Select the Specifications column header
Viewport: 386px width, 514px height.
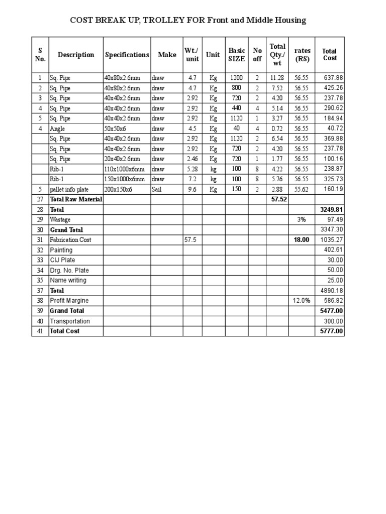[x=127, y=55]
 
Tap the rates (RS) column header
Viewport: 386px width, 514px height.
[x=302, y=55]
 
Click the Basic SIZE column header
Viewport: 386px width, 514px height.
[x=237, y=55]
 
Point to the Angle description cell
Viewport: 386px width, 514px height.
[x=57, y=129]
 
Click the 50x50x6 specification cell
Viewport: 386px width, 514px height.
[x=115, y=129]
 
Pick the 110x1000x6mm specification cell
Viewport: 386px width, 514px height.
[x=124, y=169]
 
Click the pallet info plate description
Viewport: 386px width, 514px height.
[x=69, y=189]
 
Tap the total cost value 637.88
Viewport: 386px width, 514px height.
[x=334, y=78]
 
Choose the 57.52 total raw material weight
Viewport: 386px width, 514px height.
[x=278, y=199]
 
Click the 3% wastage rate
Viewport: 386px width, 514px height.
[x=302, y=220]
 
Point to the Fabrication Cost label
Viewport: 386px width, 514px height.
[x=70, y=240]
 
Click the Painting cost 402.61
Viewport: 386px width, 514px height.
[x=334, y=250]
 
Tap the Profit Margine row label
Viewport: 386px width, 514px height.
[x=69, y=301]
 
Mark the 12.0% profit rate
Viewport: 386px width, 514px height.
[x=302, y=301]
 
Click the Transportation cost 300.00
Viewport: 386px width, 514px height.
[x=334, y=321]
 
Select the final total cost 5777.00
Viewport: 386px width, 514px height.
[x=332, y=331]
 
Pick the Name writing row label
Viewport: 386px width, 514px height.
[x=68, y=280]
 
